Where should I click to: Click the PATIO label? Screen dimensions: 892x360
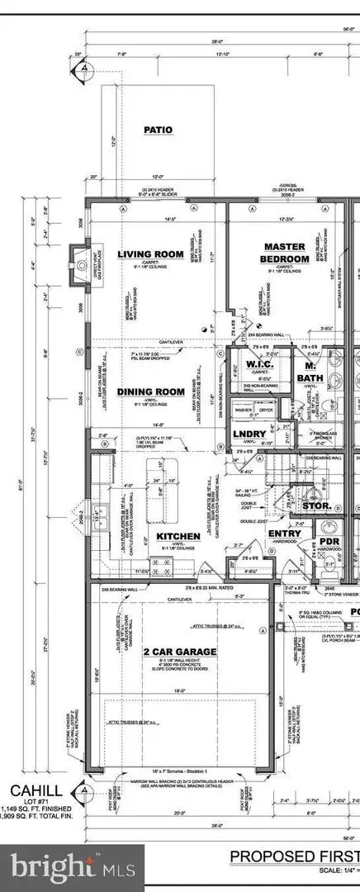click(x=158, y=130)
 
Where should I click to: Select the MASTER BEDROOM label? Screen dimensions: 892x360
click(x=286, y=253)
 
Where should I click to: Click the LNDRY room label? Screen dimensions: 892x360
click(x=249, y=434)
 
